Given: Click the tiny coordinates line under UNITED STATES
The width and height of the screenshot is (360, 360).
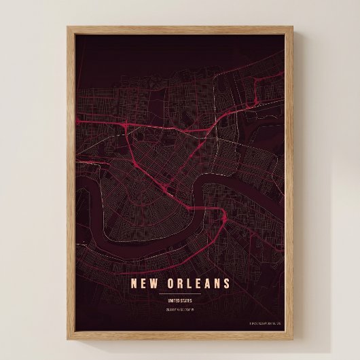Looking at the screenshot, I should coord(180,309).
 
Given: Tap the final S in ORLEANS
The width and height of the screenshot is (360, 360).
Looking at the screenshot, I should coord(227,283).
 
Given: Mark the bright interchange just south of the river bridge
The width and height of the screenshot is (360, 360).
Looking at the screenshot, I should coord(224,219).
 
